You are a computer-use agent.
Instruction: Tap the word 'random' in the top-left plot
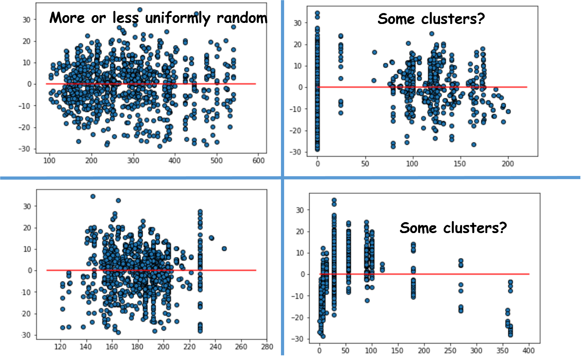(x=242, y=18)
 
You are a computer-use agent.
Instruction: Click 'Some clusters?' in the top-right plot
(x=431, y=19)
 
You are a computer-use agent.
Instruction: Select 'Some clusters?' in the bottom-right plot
(x=453, y=228)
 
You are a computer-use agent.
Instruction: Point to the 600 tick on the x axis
(x=258, y=161)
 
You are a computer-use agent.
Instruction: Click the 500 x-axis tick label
(x=216, y=161)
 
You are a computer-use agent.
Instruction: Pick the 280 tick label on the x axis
(x=267, y=347)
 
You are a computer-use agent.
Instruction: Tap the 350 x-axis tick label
(x=502, y=350)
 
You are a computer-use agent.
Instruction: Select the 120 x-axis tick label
(x=60, y=347)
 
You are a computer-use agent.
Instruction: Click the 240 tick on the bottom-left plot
(x=215, y=347)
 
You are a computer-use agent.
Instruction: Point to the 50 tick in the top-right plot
(x=365, y=164)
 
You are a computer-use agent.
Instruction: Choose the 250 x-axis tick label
(x=450, y=350)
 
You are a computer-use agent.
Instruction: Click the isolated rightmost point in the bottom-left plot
(x=224, y=249)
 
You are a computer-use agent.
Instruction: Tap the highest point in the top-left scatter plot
(x=140, y=10)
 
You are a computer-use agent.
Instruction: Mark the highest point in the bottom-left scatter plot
(x=93, y=196)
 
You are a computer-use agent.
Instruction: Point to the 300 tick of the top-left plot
(x=133, y=161)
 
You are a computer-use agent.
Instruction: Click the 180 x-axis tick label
(x=137, y=347)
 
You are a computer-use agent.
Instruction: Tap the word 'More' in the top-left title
(x=67, y=18)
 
